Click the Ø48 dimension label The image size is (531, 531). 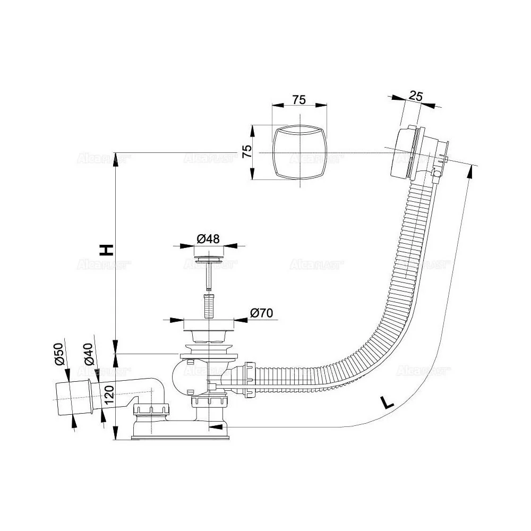pyautogui.click(x=209, y=239)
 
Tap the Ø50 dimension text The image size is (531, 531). pyautogui.click(x=59, y=354)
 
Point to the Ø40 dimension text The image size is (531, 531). pyautogui.click(x=89, y=354)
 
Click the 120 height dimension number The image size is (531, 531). pyautogui.click(x=109, y=395)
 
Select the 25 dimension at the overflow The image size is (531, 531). pyautogui.click(x=416, y=96)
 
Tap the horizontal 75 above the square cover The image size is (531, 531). pyautogui.click(x=299, y=99)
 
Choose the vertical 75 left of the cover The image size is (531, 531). pyautogui.click(x=246, y=152)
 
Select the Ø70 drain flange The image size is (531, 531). pyautogui.click(x=209, y=324)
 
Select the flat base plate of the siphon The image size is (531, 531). pyautogui.click(x=181, y=436)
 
